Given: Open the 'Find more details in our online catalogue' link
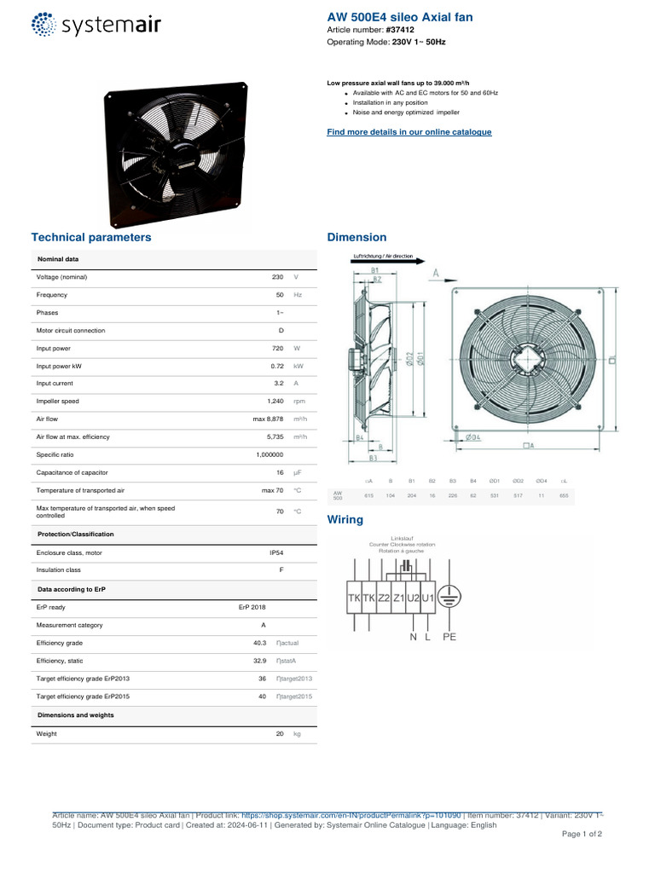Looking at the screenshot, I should click(409, 132).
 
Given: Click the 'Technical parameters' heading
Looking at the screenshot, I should click(91, 237).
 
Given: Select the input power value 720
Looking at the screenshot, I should click(277, 348).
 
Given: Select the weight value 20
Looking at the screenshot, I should click(280, 733).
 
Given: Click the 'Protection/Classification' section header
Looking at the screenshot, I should click(76, 534).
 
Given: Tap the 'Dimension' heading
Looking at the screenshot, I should click(356, 237).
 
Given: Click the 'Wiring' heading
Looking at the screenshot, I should click(345, 519).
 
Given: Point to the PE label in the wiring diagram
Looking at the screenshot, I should click(449, 636).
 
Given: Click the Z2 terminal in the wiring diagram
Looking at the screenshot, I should click(384, 598).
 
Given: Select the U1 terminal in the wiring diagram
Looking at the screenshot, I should click(427, 598).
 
